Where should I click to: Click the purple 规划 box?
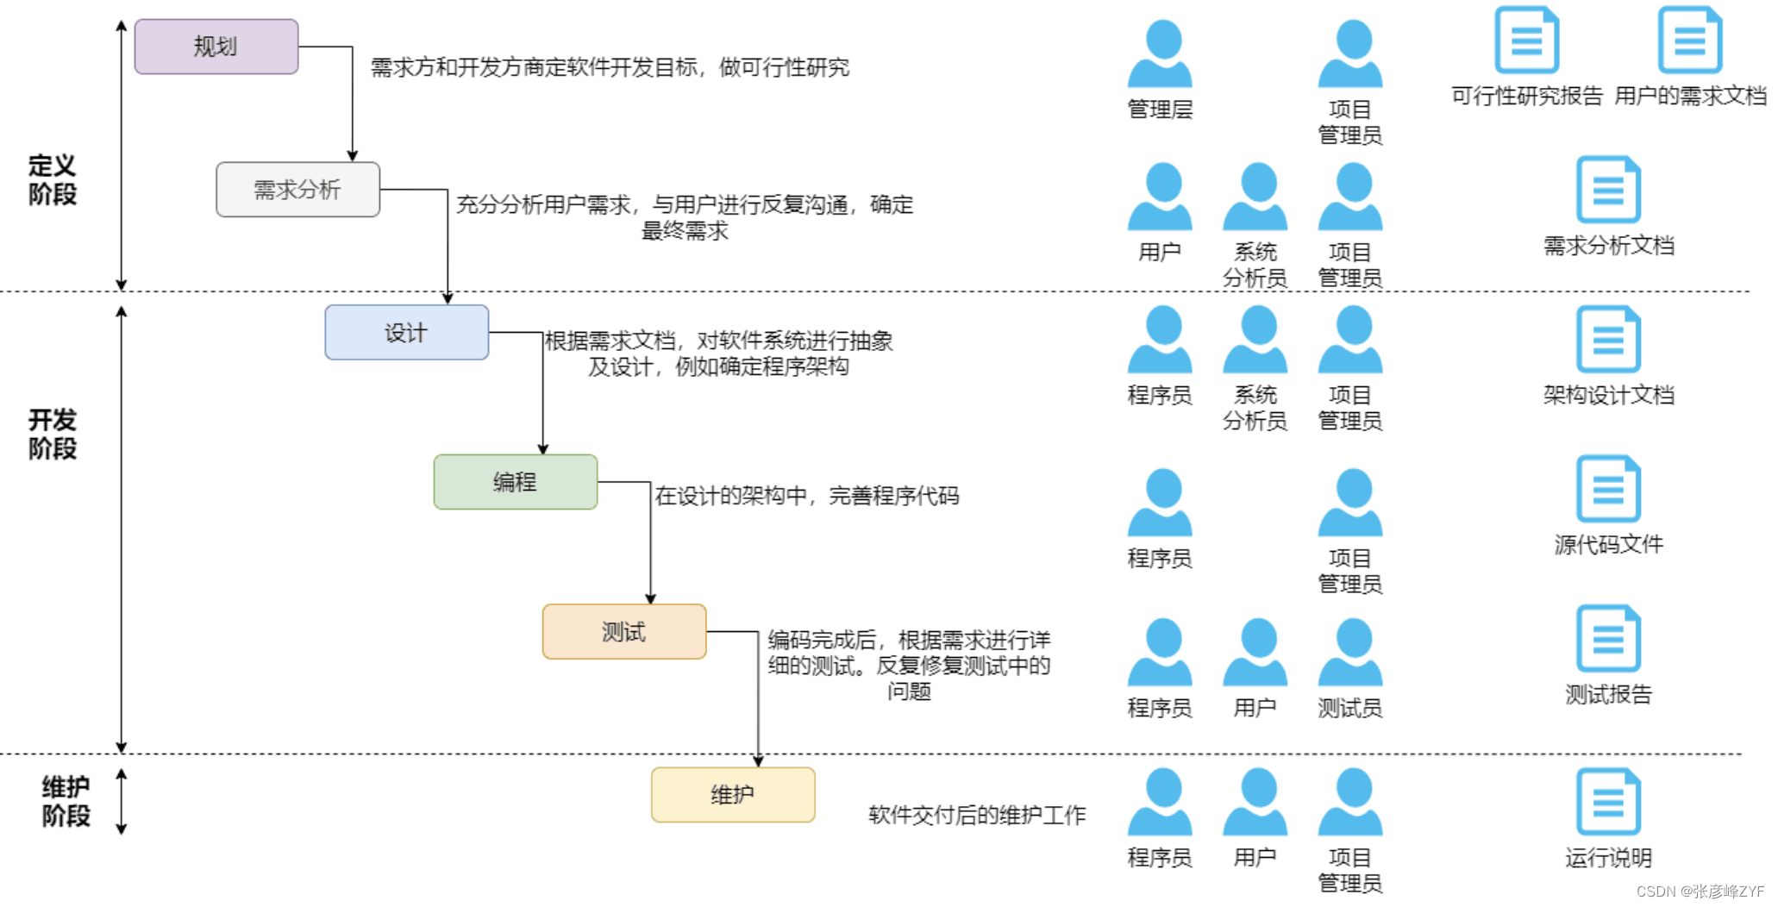(x=216, y=47)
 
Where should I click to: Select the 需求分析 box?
(x=297, y=190)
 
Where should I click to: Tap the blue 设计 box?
(x=406, y=333)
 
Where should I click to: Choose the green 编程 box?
(x=515, y=482)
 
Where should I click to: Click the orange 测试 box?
(x=623, y=632)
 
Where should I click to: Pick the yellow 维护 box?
(x=732, y=795)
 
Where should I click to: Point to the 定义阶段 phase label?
(x=53, y=179)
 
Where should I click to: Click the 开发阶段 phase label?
(x=53, y=434)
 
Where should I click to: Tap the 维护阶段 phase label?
(x=66, y=801)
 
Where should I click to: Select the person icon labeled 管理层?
(x=1160, y=53)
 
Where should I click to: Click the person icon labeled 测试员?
(x=1350, y=653)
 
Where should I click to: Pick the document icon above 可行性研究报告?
(x=1526, y=40)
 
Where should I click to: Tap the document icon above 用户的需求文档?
(x=1690, y=40)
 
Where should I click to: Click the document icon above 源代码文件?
(x=1608, y=489)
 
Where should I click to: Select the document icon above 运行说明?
(x=1608, y=802)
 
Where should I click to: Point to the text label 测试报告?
(x=1608, y=695)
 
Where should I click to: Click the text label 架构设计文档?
(x=1608, y=396)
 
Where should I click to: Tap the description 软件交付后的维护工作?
(x=977, y=815)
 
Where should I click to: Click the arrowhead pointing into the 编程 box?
(x=543, y=449)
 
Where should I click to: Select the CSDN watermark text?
(x=1700, y=891)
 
